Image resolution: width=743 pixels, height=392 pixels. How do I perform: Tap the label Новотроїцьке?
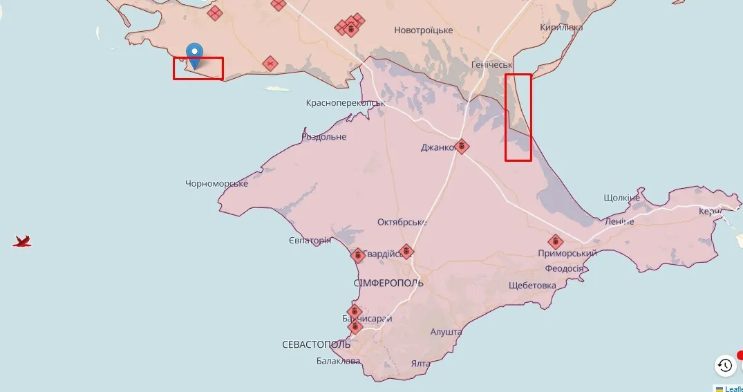(423, 30)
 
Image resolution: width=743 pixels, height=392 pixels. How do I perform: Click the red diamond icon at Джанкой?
(462, 147)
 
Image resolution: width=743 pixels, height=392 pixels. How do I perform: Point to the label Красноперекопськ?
(345, 103)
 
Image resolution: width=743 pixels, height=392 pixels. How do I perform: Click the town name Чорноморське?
(216, 183)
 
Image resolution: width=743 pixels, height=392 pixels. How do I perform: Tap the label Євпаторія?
(310, 241)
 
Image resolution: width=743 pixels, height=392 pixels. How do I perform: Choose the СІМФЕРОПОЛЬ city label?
(388, 283)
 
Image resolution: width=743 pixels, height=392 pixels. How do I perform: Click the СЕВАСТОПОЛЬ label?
(317, 344)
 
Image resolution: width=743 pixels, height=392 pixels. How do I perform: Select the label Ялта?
(420, 364)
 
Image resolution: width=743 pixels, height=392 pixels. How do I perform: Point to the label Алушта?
(446, 333)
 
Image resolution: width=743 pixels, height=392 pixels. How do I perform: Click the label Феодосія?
(564, 268)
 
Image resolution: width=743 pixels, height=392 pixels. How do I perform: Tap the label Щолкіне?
(621, 198)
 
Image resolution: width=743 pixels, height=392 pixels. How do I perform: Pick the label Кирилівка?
(561, 28)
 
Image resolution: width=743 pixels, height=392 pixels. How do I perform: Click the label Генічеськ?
(490, 64)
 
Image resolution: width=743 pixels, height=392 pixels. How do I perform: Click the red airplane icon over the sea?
(22, 241)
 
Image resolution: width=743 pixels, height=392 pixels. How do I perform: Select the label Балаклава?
(339, 361)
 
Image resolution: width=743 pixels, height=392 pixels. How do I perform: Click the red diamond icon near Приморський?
(555, 242)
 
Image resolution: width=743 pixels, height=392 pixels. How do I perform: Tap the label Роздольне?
(324, 137)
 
